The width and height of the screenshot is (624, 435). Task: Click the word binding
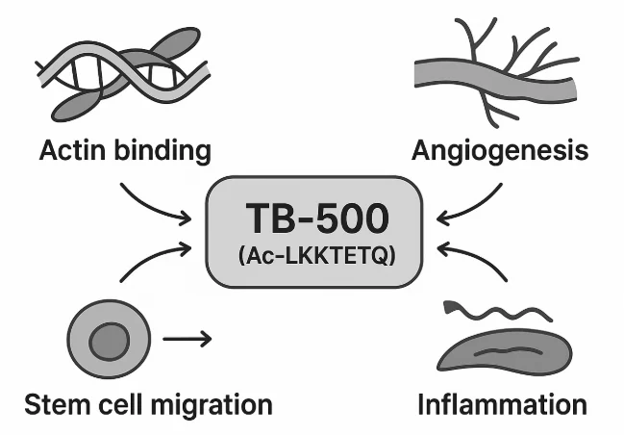click(164, 151)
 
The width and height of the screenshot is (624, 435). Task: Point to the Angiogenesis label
click(499, 151)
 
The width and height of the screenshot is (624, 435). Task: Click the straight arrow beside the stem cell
click(187, 339)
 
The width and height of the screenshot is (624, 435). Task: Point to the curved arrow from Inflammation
click(475, 260)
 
